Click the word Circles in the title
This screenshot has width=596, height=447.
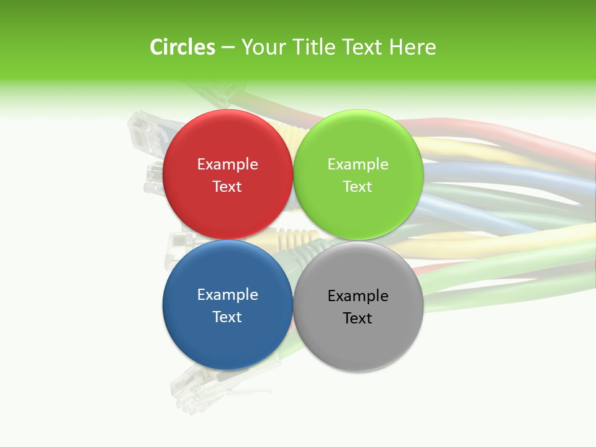pyautogui.click(x=183, y=47)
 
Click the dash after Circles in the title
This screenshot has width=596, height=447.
pyautogui.click(x=228, y=48)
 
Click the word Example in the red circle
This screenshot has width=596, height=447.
pyautogui.click(x=227, y=165)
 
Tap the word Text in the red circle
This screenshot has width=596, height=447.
pyautogui.click(x=227, y=187)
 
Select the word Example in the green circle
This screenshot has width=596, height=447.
pyautogui.click(x=358, y=165)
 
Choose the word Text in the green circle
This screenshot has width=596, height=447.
pyautogui.click(x=358, y=187)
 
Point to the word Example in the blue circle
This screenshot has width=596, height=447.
pyautogui.click(x=227, y=295)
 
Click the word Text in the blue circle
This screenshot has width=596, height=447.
pyautogui.click(x=227, y=317)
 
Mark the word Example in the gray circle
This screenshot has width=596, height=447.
pyautogui.click(x=358, y=296)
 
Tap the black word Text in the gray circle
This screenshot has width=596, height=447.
pyautogui.click(x=358, y=318)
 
